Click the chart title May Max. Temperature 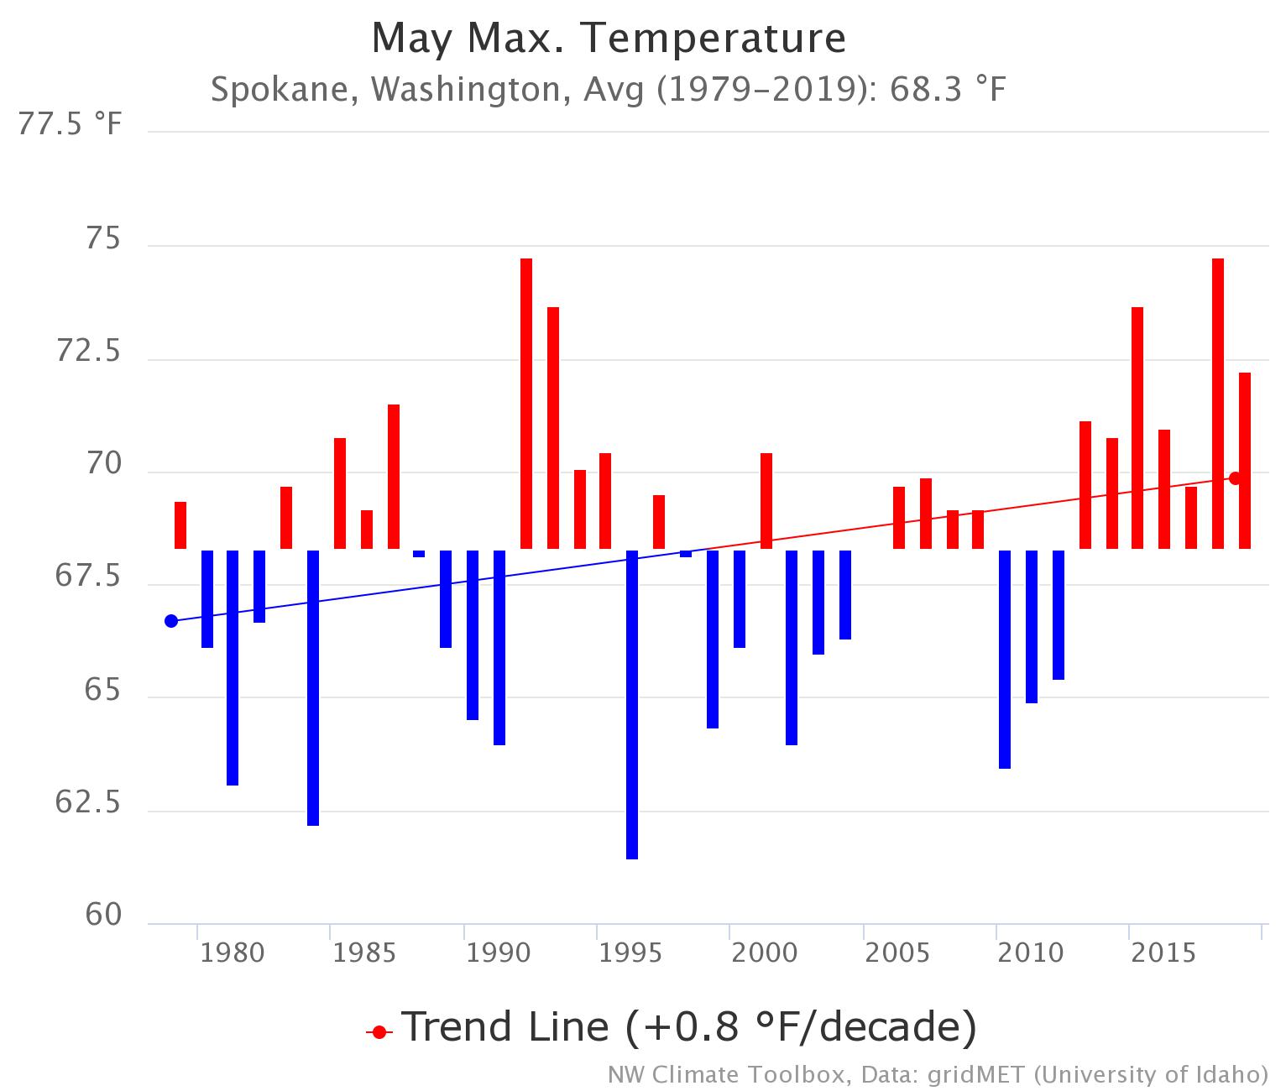point(609,38)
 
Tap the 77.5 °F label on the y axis point(71,126)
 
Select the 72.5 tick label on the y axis point(88,352)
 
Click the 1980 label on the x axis point(233,953)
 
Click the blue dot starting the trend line point(171,621)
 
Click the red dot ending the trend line point(1235,478)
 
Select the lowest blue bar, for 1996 point(632,705)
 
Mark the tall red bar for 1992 point(526,403)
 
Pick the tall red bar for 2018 point(1218,403)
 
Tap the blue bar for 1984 point(313,688)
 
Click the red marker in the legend point(379,1031)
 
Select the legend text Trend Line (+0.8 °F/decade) point(688,1027)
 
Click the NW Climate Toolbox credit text point(937,1074)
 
